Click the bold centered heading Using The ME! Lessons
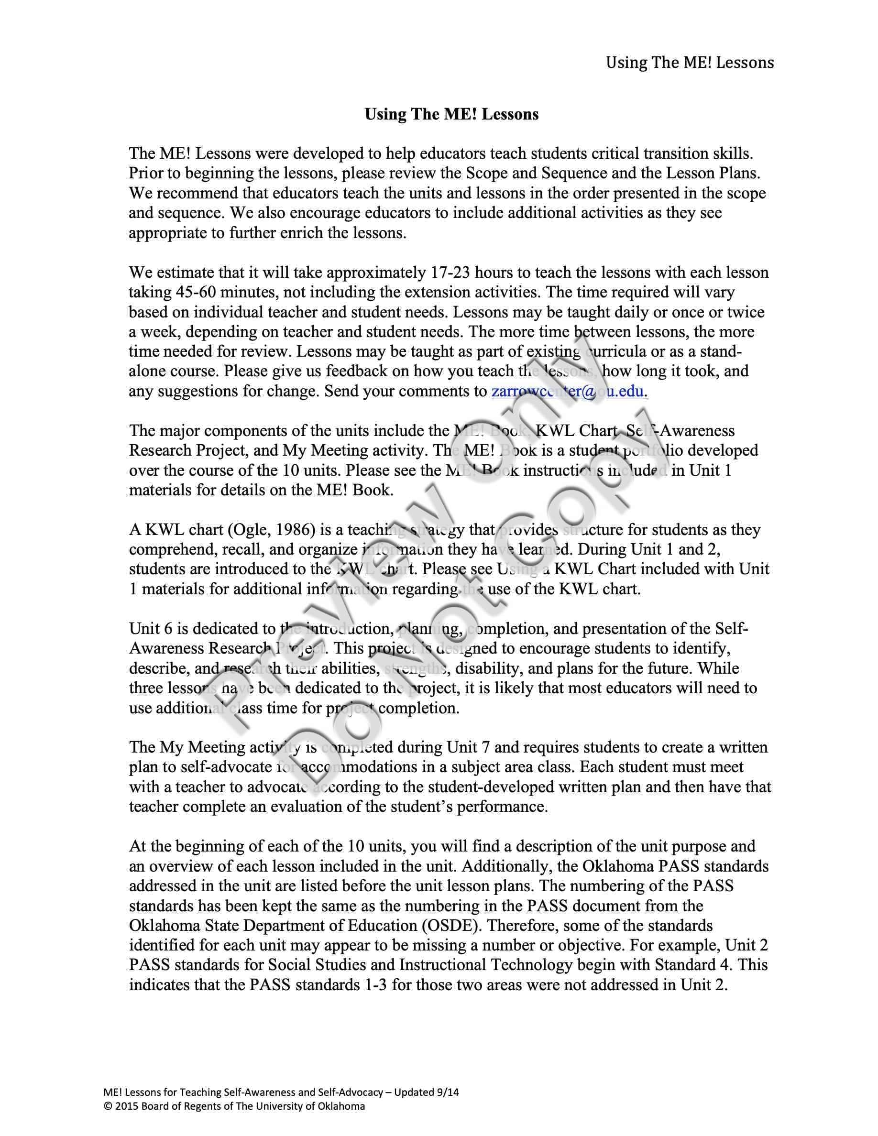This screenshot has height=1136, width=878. tap(451, 114)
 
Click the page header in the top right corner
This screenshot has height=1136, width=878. tap(689, 63)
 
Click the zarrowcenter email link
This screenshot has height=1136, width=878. tap(569, 391)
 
